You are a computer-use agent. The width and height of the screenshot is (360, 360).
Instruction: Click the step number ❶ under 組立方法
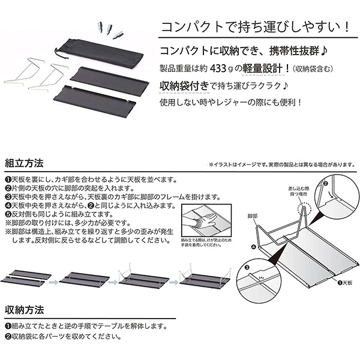click(7, 179)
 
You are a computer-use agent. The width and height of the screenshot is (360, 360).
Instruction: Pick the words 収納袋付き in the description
click(183, 86)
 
